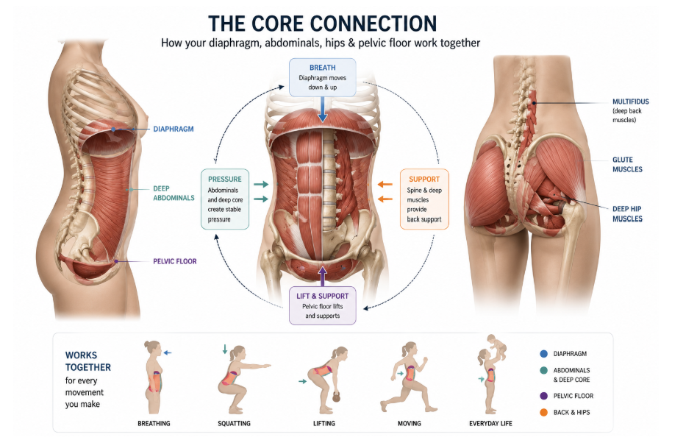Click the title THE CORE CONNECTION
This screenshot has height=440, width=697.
point(322,24)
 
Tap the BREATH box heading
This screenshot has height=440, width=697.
point(322,68)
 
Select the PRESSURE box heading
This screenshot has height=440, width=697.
point(225,180)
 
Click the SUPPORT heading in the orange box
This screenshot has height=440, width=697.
point(424,180)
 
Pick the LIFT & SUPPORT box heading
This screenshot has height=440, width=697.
point(322,296)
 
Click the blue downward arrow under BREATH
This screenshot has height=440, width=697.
point(323,110)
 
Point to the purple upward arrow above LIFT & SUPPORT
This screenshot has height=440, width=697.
point(322,276)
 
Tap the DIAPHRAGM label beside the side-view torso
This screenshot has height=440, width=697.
point(174,129)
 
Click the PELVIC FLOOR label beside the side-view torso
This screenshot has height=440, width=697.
point(175,261)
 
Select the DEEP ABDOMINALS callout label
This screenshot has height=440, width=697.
point(174,193)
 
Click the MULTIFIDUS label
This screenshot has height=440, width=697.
point(630,102)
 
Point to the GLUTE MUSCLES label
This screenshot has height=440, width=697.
point(627,164)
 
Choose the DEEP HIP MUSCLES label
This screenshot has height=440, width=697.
point(627,213)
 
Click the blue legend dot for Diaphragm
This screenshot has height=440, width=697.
point(543,354)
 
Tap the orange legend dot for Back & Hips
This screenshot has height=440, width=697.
point(543,413)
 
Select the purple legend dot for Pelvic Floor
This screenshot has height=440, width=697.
point(543,396)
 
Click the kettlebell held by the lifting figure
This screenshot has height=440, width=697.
point(336,398)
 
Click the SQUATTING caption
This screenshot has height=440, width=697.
point(234,423)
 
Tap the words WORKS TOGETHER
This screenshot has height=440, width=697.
point(88,361)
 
